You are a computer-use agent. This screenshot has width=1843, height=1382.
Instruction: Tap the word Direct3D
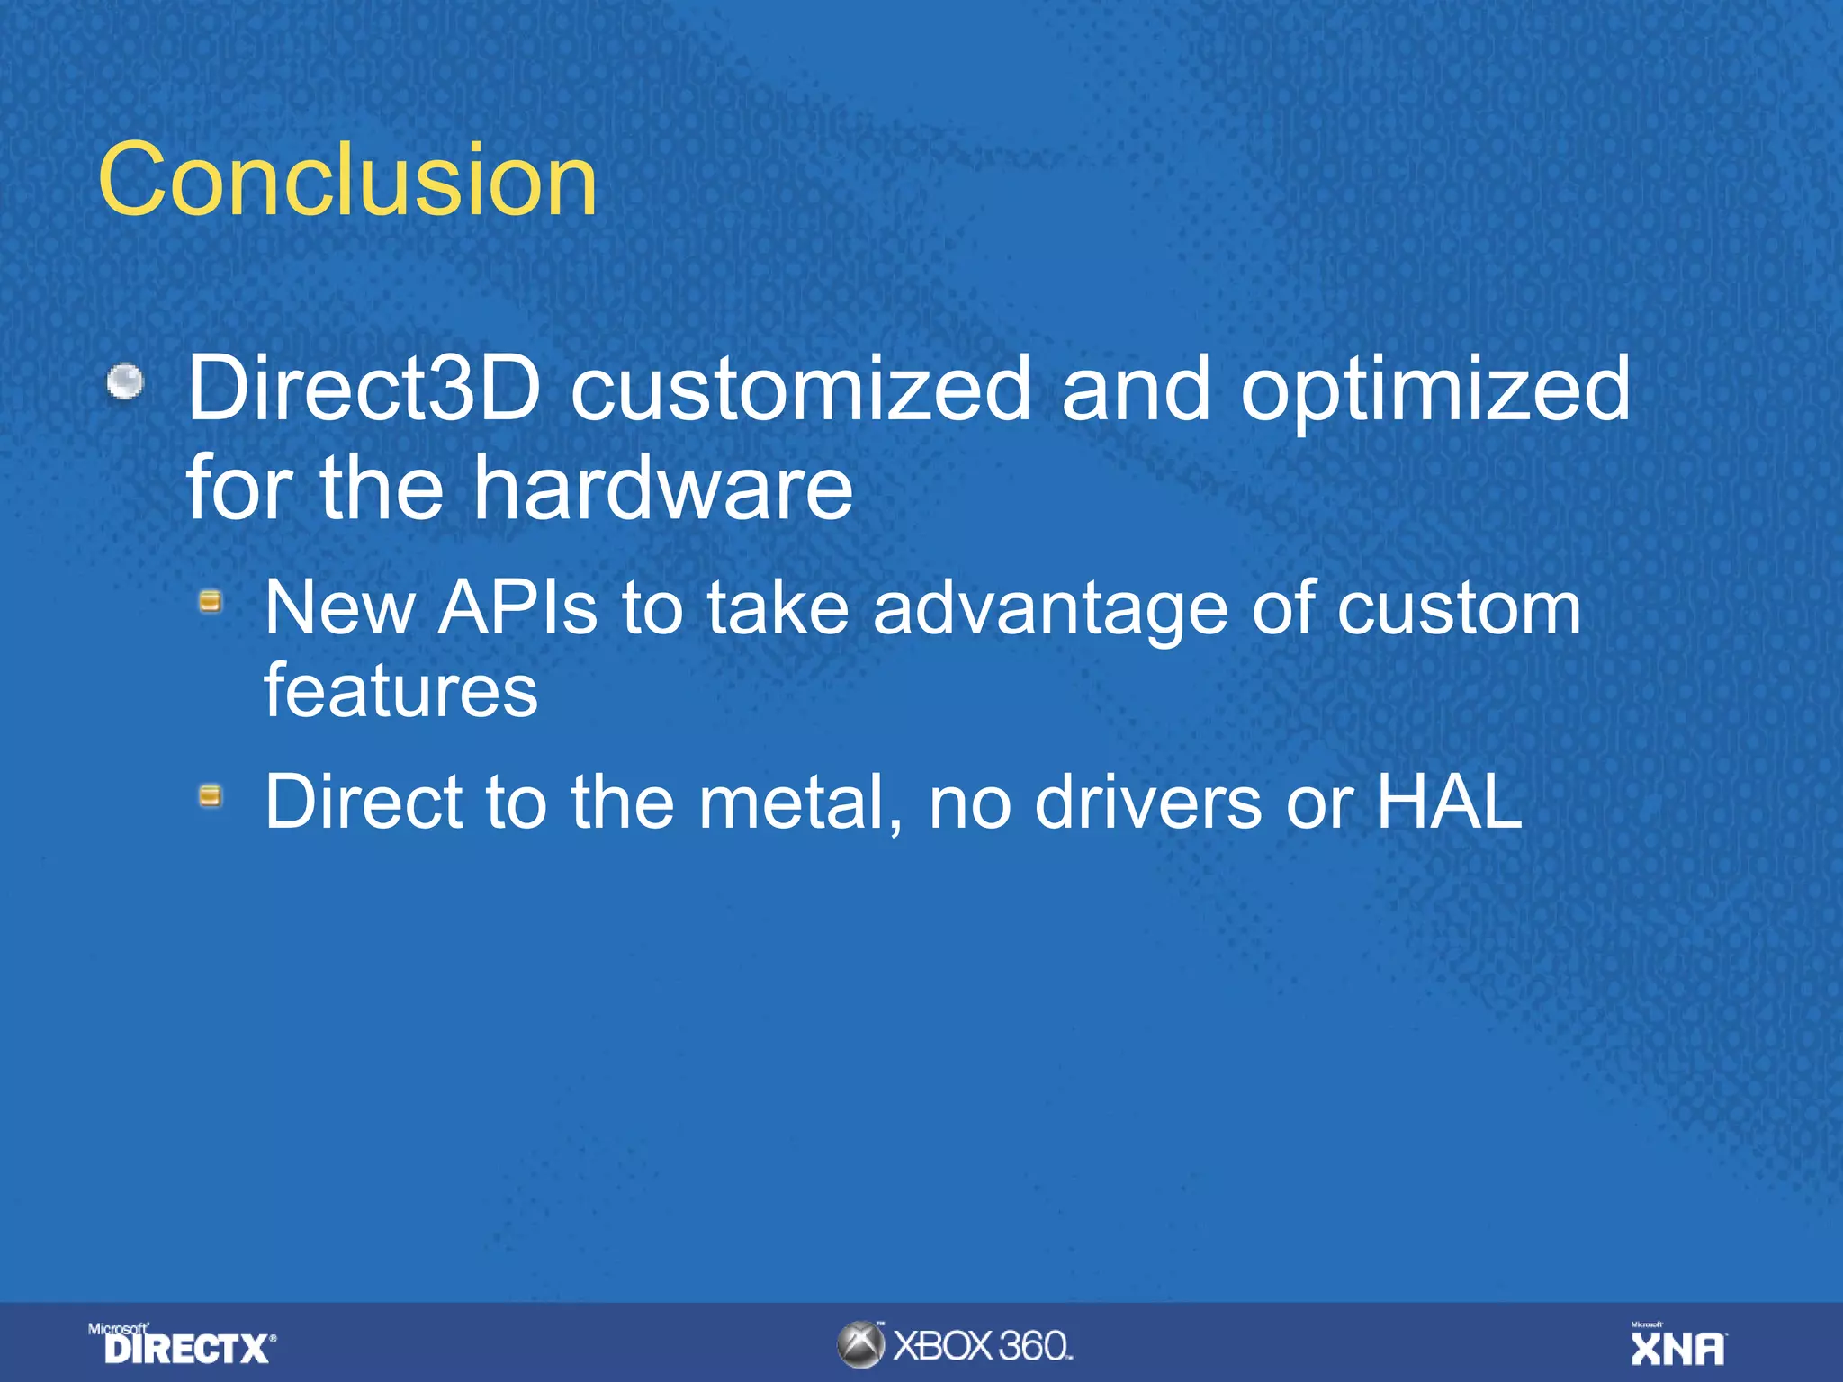click(364, 389)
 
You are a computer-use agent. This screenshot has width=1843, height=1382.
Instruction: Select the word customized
click(800, 389)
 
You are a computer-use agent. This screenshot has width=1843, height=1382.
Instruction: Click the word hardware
click(662, 488)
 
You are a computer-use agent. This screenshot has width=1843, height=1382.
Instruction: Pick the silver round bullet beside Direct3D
click(125, 381)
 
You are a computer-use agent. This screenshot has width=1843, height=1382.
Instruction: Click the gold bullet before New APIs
click(211, 601)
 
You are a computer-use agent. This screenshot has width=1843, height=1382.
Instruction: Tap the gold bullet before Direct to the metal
click(211, 795)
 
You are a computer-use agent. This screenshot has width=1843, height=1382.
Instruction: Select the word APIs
click(517, 608)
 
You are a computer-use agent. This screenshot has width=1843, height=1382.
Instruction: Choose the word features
click(400, 691)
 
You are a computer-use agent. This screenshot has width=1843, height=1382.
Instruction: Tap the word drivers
click(1147, 803)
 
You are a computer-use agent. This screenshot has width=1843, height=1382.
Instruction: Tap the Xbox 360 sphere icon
click(860, 1345)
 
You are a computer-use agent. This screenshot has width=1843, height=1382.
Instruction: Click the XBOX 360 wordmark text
click(982, 1346)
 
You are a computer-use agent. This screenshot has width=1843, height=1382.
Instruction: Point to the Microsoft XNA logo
click(1677, 1344)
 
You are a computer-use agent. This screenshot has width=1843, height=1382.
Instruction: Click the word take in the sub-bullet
click(777, 608)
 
